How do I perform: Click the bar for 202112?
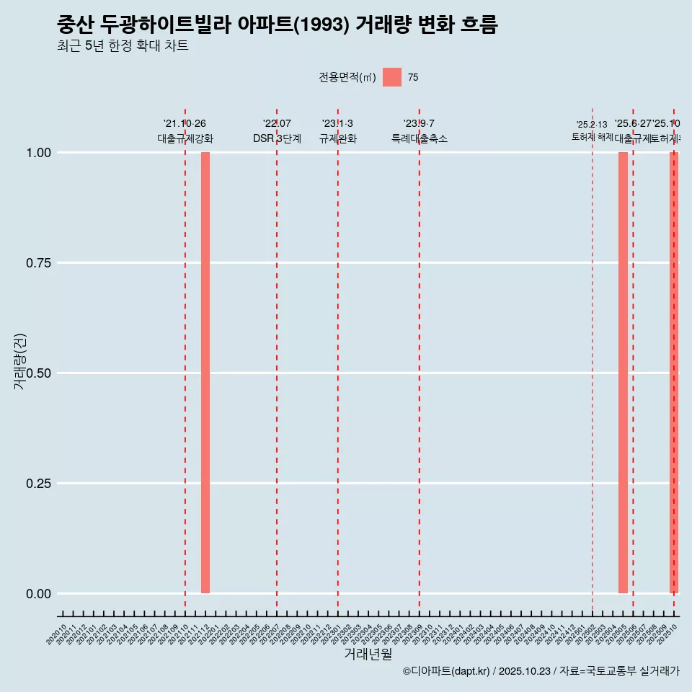[205, 373]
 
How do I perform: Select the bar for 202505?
[623, 373]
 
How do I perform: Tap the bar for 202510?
[674, 373]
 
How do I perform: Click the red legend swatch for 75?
[392, 77]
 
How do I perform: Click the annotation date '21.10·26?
[185, 124]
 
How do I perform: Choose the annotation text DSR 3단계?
[277, 139]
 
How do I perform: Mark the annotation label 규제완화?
[338, 139]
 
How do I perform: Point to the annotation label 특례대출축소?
[419, 139]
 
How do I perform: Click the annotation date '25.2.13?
[592, 125]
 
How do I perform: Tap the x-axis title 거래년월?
[368, 655]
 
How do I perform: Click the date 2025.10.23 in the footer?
[524, 672]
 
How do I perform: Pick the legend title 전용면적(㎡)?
[347, 78]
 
